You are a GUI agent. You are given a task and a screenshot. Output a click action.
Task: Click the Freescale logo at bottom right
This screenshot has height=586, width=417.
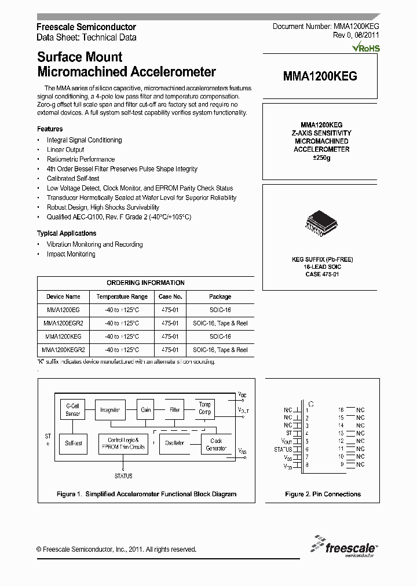pyautogui.click(x=345, y=545)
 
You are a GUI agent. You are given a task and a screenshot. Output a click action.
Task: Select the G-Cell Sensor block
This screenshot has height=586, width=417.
pyautogui.click(x=73, y=410)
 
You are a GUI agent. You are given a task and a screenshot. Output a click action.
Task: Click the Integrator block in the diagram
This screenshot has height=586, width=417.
pyautogui.click(x=110, y=410)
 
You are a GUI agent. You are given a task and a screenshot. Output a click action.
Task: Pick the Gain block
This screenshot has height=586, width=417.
pyautogui.click(x=146, y=410)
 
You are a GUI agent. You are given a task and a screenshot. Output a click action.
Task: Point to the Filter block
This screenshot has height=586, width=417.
pyautogui.click(x=175, y=410)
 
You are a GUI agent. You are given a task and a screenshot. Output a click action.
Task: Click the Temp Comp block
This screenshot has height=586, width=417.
pyautogui.click(x=205, y=408)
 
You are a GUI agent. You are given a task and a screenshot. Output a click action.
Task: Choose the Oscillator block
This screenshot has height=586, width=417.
pyautogui.click(x=174, y=443)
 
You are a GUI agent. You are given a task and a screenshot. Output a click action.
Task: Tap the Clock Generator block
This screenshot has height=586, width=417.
pyautogui.click(x=215, y=444)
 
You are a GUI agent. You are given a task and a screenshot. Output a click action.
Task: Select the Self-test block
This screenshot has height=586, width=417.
pyautogui.click(x=73, y=443)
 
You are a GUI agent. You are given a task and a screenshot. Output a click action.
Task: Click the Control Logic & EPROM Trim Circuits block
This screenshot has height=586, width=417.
pyautogui.click(x=122, y=444)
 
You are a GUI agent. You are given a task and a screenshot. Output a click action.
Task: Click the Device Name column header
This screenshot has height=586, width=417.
pyautogui.click(x=63, y=296)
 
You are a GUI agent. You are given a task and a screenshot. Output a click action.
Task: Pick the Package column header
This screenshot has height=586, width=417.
pyautogui.click(x=220, y=296)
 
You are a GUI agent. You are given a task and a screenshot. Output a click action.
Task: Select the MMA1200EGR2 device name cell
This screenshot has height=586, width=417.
pyautogui.click(x=63, y=323)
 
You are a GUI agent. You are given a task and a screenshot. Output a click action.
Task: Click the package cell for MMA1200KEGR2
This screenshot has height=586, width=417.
pyautogui.click(x=220, y=350)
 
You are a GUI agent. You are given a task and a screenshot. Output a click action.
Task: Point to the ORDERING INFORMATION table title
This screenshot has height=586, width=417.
pyautogui.click(x=145, y=283)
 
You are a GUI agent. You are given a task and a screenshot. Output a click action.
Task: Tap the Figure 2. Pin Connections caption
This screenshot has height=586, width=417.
pyautogui.click(x=323, y=494)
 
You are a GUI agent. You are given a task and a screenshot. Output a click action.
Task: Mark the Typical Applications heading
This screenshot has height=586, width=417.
pyautogui.click(x=67, y=233)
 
